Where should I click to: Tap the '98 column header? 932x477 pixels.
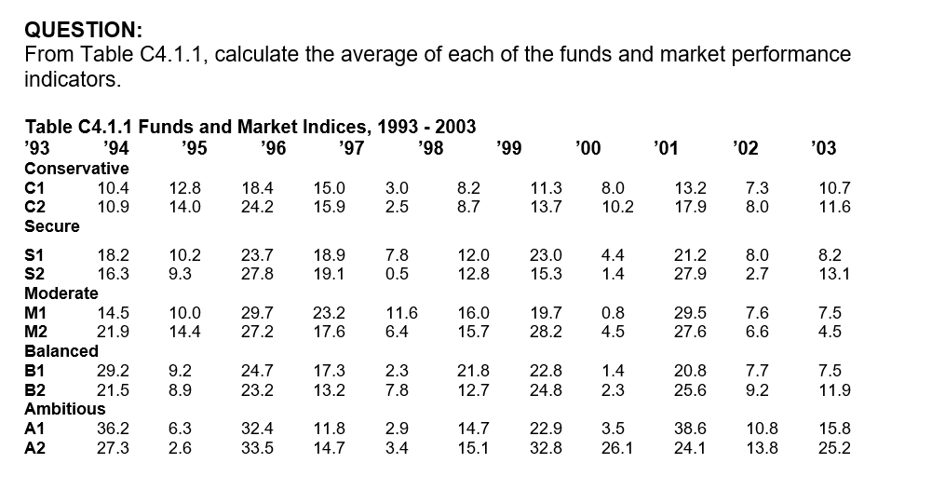click(429, 148)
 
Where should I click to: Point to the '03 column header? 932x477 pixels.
click(823, 148)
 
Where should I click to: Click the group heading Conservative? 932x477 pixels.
click(76, 169)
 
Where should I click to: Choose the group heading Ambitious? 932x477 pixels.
click(64, 408)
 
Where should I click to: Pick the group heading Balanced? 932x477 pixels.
click(61, 351)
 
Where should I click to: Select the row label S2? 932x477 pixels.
click(35, 274)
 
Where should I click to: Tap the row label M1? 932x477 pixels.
click(36, 313)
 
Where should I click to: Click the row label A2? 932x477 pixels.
click(35, 448)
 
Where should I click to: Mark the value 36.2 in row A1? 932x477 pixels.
click(114, 429)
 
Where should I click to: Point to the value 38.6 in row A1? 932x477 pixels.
click(690, 429)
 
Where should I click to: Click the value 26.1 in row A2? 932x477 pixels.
click(617, 448)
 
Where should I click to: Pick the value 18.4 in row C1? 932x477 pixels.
click(257, 187)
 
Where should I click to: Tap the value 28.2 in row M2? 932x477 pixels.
click(546, 332)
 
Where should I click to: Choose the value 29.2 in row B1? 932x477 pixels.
click(114, 371)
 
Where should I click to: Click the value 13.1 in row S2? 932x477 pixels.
click(833, 274)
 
